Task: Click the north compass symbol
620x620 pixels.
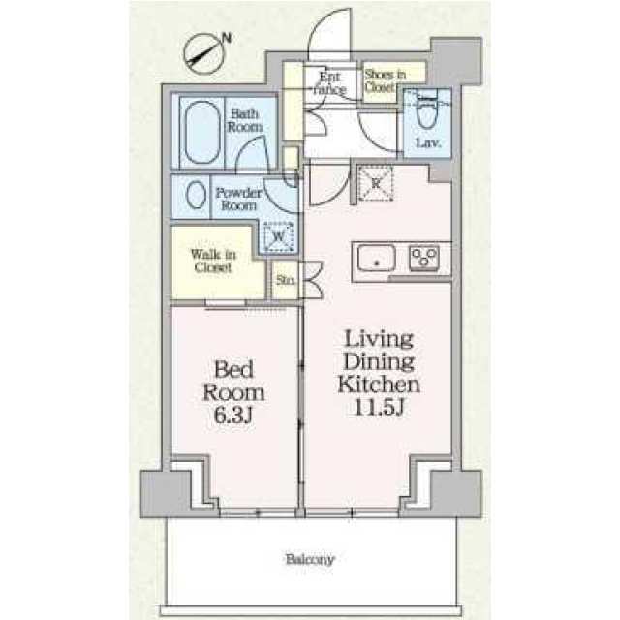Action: [204, 54]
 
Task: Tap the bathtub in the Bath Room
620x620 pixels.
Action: [201, 133]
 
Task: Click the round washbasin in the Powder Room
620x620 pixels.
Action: [196, 195]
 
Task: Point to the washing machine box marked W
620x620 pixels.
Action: [279, 236]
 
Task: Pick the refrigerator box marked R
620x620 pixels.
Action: [375, 184]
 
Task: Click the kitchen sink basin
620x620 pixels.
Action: [377, 259]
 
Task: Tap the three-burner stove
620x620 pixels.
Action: [424, 258]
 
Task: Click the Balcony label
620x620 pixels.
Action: [310, 559]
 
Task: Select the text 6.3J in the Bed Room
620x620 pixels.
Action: [232, 415]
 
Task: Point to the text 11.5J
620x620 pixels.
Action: [379, 407]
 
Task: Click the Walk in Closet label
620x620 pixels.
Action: [213, 261]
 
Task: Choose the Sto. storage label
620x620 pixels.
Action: [286, 280]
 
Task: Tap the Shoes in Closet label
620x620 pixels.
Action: [386, 80]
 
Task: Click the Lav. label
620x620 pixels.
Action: [428, 142]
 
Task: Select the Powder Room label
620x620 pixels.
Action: [238, 199]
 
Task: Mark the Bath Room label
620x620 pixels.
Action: [245, 120]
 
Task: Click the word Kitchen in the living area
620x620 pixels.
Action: [379, 385]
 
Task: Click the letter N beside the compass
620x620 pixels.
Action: [227, 38]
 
